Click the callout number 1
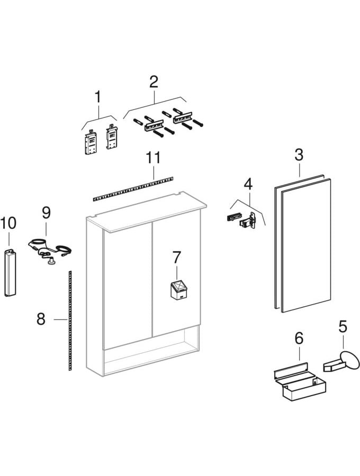(97, 97)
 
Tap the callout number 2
(154, 81)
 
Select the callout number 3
(299, 155)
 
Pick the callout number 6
(299, 337)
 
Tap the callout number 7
(176, 258)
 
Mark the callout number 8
(41, 319)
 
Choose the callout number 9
(46, 213)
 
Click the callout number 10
(8, 223)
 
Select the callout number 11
(154, 158)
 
